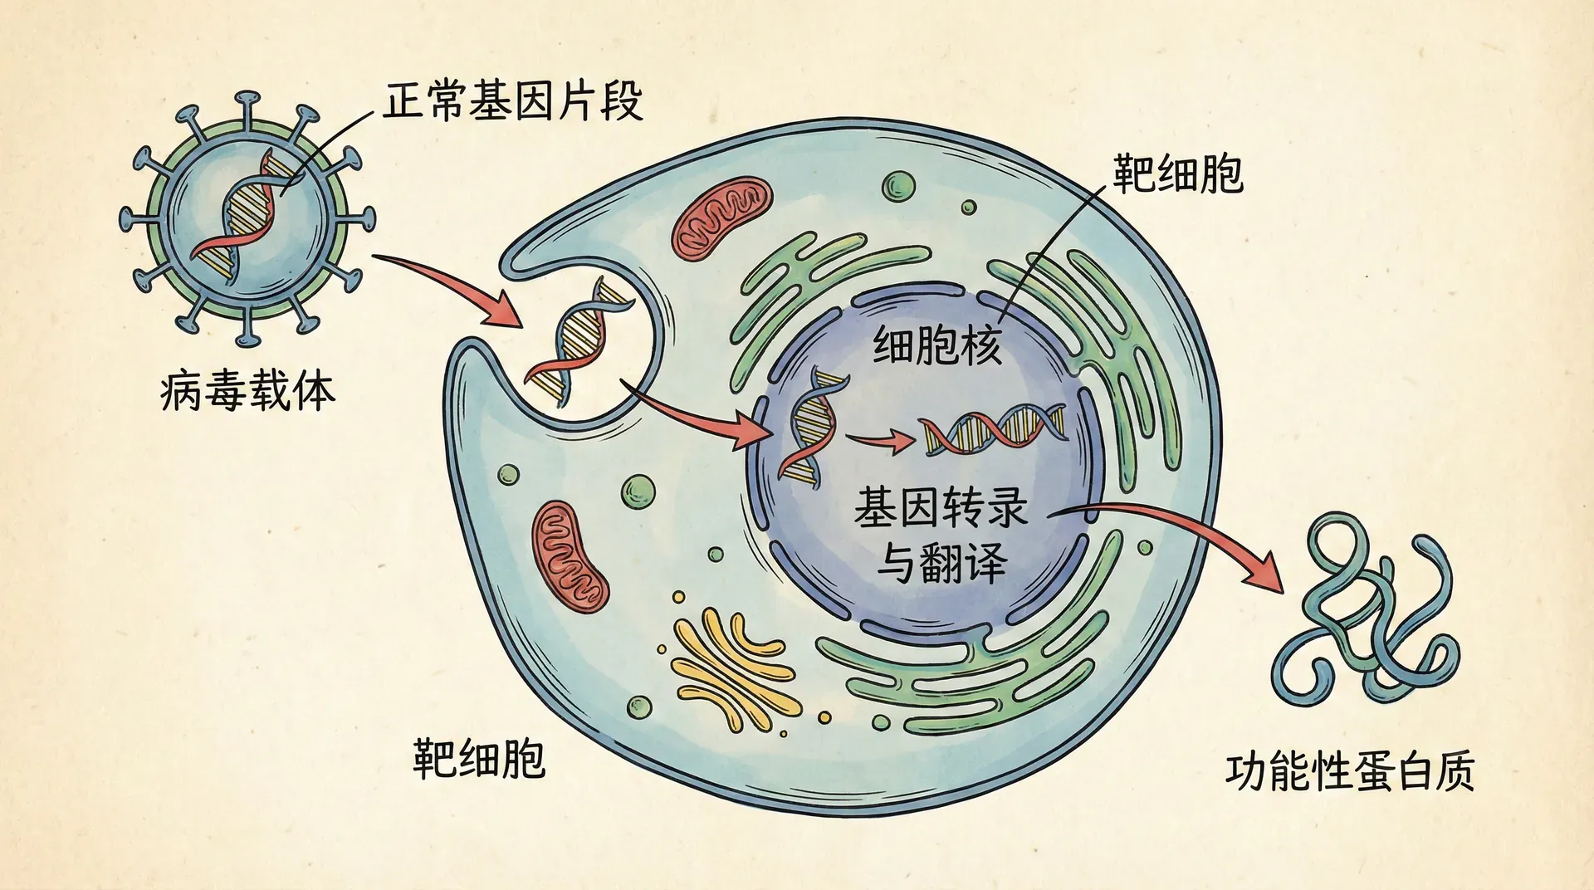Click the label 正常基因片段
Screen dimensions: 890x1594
[x=512, y=102]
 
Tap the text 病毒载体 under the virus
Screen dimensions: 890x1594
[x=247, y=391]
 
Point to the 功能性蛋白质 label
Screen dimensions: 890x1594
[x=1349, y=770]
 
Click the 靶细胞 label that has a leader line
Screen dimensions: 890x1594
[x=1177, y=174]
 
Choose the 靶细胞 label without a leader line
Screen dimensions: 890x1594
[x=479, y=758]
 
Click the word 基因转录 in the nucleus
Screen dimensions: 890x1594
[x=941, y=507]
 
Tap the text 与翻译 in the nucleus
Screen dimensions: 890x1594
[x=942, y=562]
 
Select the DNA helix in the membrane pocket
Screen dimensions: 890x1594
[x=581, y=340]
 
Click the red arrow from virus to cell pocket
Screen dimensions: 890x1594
[x=452, y=287]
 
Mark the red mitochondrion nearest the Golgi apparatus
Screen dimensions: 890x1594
[x=570, y=555]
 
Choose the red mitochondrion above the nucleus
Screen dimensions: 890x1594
[x=721, y=218]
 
